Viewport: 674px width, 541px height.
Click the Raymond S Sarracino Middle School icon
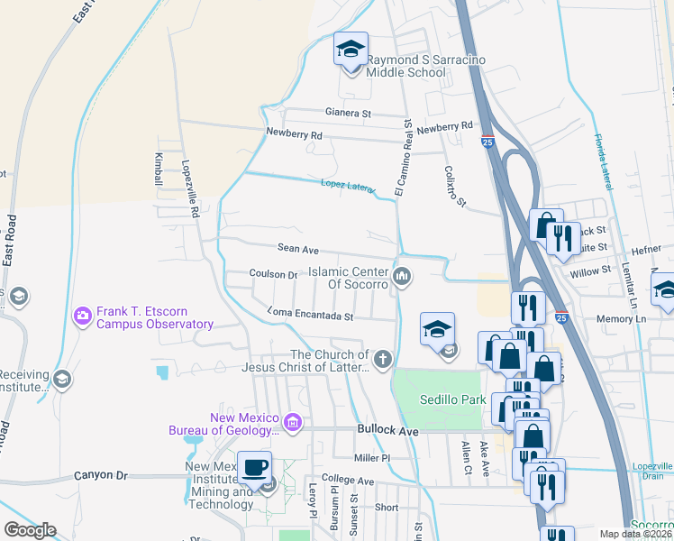tap(350, 50)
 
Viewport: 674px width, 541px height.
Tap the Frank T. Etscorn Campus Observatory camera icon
tap(83, 316)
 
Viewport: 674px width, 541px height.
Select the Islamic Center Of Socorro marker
tap(402, 276)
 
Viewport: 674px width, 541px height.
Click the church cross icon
tap(383, 361)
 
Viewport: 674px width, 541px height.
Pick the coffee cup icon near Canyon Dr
tap(254, 468)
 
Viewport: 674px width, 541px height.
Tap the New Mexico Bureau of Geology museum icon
tap(291, 422)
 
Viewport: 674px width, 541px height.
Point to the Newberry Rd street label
tap(294, 134)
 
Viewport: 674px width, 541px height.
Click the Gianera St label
tap(349, 114)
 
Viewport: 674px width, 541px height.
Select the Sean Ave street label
tap(298, 247)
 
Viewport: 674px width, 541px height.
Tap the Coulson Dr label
tap(273, 274)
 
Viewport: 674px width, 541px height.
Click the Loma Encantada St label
tap(309, 316)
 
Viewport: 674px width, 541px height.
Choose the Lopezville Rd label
tap(189, 190)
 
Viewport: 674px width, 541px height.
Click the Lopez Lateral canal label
tap(347, 186)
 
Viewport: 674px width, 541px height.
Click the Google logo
tap(30, 530)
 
